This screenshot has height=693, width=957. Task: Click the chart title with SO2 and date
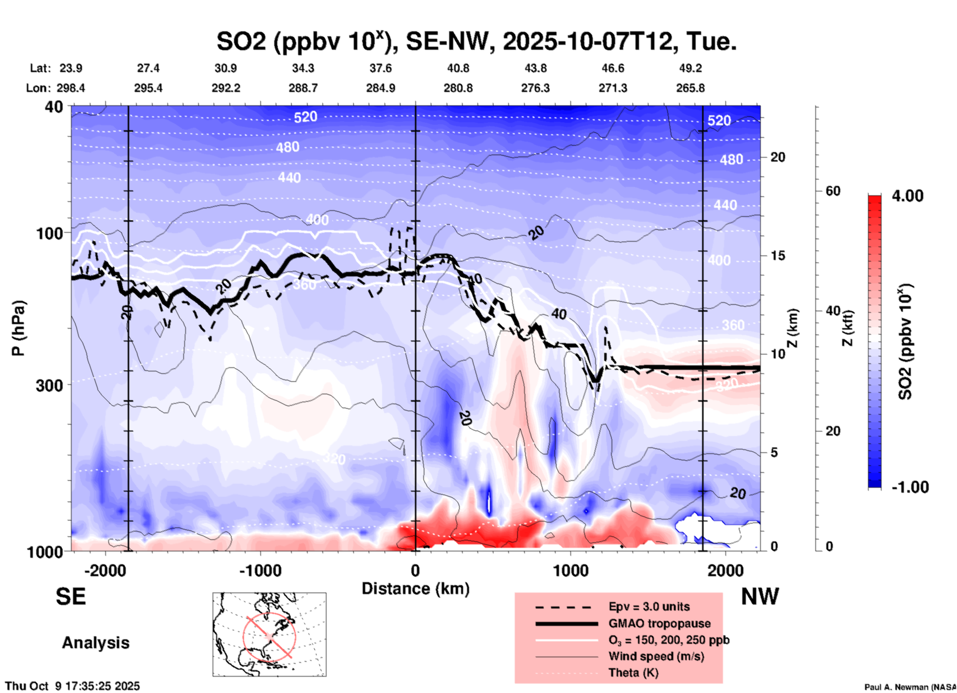point(476,41)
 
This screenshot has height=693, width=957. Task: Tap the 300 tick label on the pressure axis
point(49,385)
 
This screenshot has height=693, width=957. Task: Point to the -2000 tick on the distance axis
point(105,570)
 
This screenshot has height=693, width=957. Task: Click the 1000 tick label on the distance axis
point(570,570)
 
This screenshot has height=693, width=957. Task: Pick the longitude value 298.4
point(71,88)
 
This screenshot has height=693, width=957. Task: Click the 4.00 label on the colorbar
point(907,195)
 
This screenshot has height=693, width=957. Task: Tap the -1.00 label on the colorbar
point(910,487)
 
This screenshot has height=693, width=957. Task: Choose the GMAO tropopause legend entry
point(659,623)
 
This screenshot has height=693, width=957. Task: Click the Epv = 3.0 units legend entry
point(649,606)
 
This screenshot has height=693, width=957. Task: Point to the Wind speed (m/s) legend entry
point(656,656)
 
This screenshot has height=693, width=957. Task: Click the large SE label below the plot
point(71,596)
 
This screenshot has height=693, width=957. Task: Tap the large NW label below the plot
point(760,596)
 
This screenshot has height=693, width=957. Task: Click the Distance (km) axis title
point(415,589)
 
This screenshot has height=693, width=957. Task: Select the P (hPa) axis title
point(18,328)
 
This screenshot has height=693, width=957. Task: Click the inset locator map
point(269,634)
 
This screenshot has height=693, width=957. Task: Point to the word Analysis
point(95,643)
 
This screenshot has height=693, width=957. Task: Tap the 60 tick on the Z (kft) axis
point(833,191)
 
